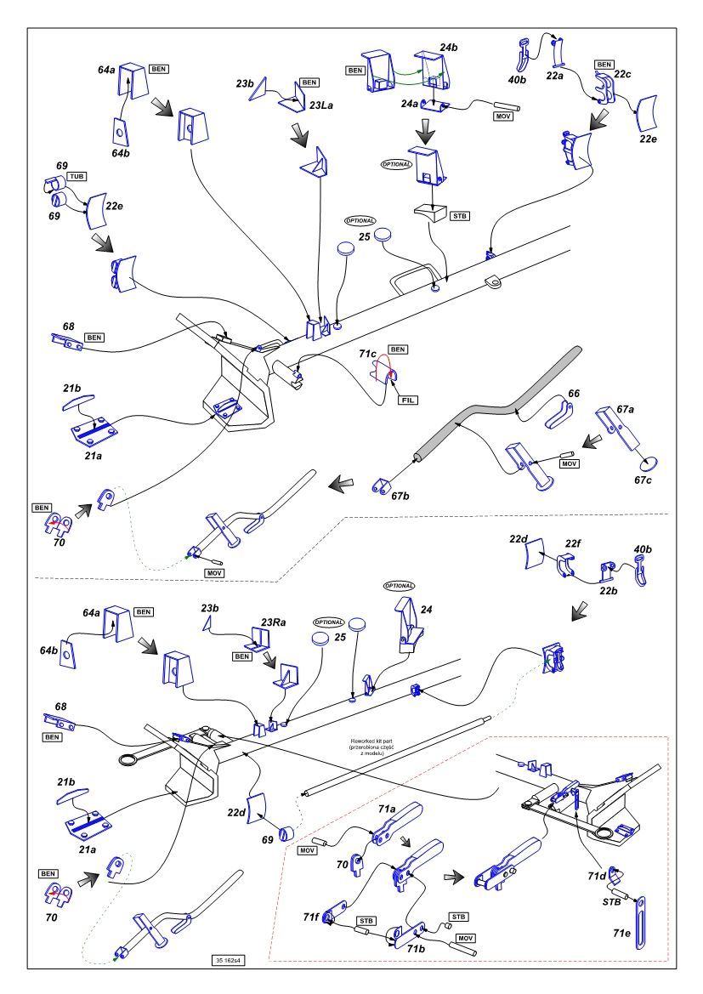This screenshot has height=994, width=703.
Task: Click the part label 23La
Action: (x=298, y=107)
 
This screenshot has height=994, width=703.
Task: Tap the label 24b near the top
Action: (x=449, y=49)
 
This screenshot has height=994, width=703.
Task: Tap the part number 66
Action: (x=574, y=395)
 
